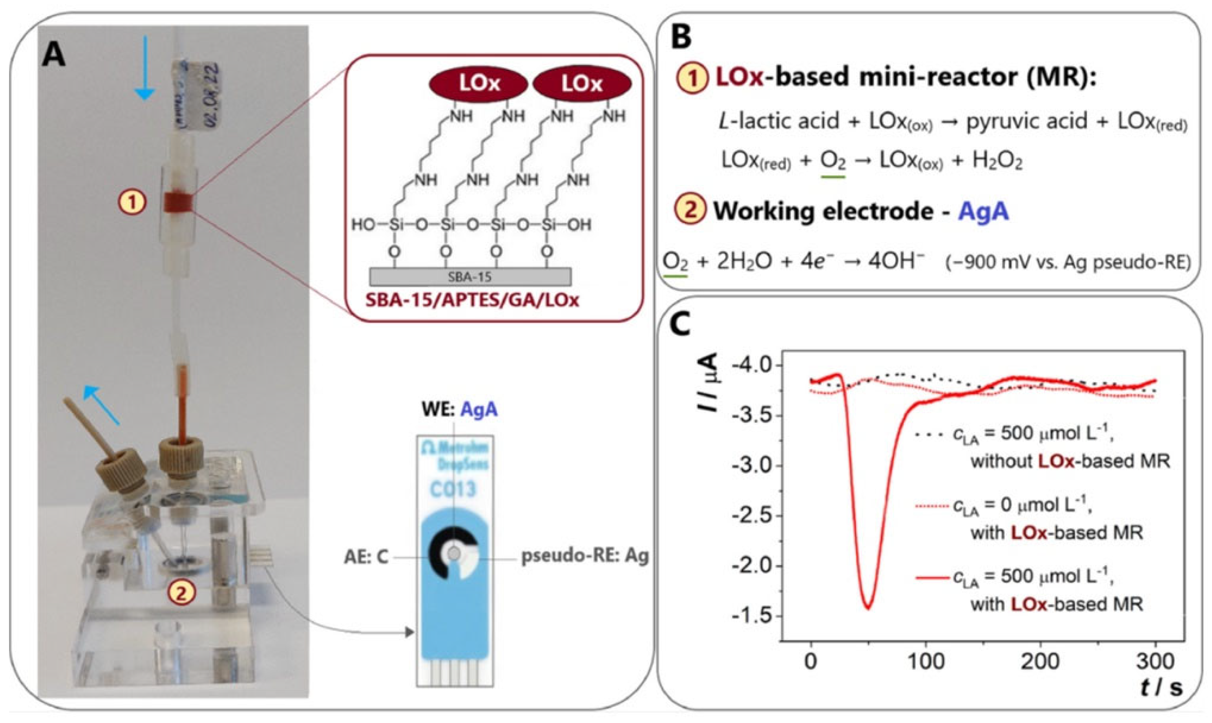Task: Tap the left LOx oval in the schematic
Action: tap(478, 84)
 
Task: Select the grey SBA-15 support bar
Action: tap(470, 277)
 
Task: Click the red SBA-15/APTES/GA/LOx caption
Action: tap(472, 300)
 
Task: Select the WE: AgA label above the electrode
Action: tap(459, 409)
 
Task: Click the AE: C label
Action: tap(366, 557)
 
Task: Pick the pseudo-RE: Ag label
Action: tap(585, 557)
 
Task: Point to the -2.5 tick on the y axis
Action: tap(752, 516)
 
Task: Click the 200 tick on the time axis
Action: tap(1041, 662)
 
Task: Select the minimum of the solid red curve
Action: tap(868, 607)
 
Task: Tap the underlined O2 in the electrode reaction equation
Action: tap(675, 263)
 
